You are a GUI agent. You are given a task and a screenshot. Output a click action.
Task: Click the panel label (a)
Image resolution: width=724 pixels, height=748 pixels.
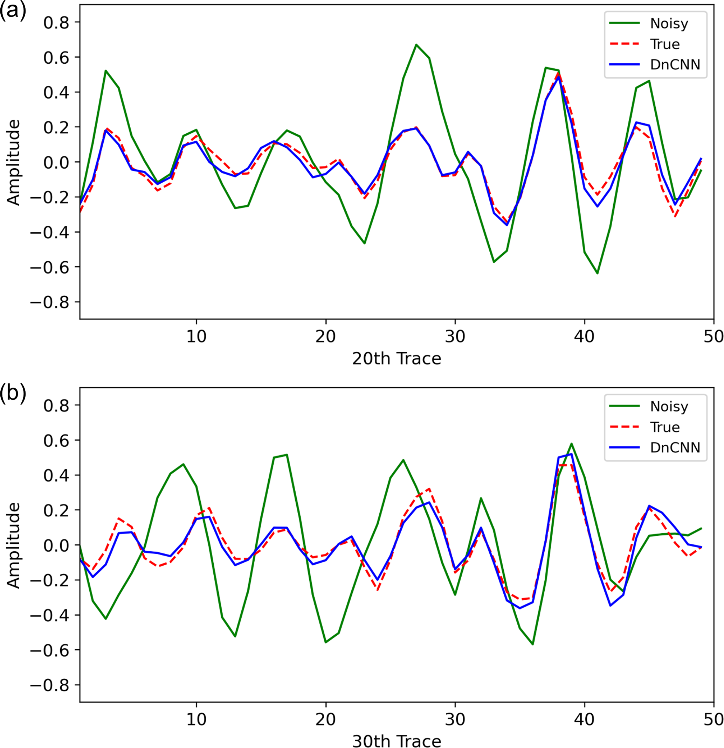tap(13, 11)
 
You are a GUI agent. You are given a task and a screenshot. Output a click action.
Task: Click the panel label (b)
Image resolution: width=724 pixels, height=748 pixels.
tap(13, 394)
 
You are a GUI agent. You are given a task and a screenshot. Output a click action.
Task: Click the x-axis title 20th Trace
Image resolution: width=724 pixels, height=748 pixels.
tap(397, 359)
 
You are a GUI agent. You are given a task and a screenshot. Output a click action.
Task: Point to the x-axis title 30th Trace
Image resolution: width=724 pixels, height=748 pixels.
tap(397, 740)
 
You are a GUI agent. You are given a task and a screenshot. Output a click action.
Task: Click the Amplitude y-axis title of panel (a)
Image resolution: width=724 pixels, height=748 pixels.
tap(13, 162)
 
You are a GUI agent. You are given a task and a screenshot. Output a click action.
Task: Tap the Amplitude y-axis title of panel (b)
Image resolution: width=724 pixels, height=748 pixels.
tap(13, 545)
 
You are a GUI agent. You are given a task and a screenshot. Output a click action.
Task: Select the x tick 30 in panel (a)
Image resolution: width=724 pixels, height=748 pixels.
tap(455, 337)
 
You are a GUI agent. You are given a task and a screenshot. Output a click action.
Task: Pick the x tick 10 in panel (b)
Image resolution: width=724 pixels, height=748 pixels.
tap(196, 719)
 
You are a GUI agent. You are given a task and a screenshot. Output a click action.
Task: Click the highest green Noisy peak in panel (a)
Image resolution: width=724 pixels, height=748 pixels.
tap(416, 45)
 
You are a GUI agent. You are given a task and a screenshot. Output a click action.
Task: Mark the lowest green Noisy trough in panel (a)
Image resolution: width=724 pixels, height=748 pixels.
tap(597, 273)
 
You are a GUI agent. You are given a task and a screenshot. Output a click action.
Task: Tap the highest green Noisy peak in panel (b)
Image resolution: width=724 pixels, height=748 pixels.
tap(572, 444)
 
